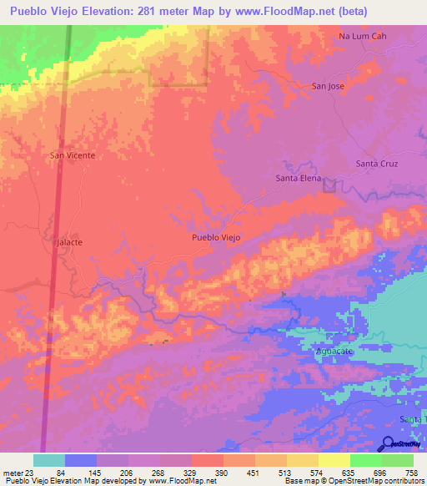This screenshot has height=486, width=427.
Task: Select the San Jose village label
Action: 328,86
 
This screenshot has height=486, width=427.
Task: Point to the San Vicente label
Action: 73,155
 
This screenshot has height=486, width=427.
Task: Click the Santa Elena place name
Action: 298,178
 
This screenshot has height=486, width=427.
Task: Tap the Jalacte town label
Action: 68,241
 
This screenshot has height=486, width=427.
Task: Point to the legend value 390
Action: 220,472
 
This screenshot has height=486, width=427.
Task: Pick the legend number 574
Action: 317,472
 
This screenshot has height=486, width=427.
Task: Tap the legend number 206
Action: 125,472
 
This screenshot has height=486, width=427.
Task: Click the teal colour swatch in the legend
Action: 49,460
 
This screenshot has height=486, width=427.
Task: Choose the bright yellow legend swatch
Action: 334,460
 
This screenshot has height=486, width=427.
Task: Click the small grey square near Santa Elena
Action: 329,185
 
